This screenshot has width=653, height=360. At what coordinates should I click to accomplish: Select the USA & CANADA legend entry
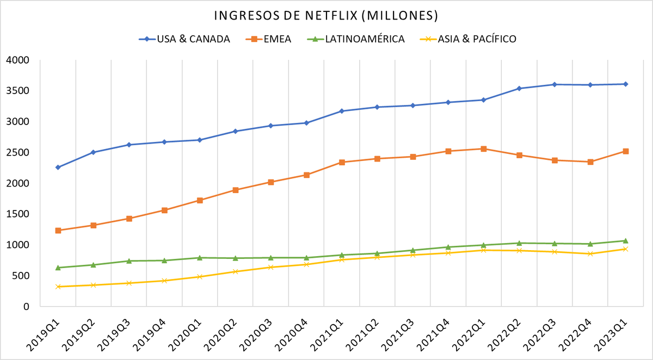tap(193, 39)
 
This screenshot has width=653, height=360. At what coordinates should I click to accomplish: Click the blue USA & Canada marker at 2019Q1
tap(58, 167)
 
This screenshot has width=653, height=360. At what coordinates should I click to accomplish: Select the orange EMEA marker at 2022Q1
tap(484, 149)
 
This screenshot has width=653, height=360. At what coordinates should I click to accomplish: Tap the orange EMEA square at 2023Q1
tap(626, 151)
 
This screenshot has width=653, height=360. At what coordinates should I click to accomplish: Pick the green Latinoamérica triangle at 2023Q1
tap(626, 240)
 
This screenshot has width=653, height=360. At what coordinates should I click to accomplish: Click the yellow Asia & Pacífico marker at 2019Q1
tap(58, 287)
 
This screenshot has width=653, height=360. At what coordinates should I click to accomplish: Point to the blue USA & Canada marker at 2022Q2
tap(520, 89)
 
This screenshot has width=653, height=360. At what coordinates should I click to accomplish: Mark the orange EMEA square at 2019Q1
tap(58, 231)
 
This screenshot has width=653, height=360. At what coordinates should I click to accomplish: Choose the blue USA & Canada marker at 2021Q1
tap(342, 111)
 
